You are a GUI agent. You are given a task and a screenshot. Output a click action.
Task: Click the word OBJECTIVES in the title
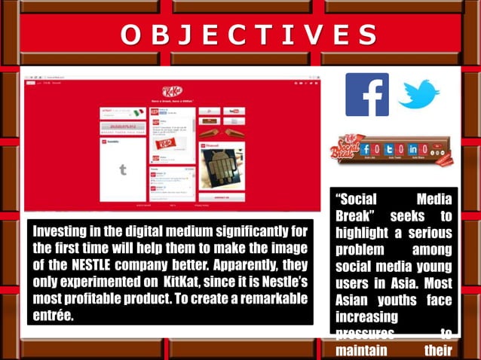pyautogui.click(x=250, y=35)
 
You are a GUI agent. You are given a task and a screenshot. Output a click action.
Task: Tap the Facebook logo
pyautogui.click(x=366, y=95)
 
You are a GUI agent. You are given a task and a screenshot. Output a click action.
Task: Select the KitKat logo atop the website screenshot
pyautogui.click(x=173, y=91)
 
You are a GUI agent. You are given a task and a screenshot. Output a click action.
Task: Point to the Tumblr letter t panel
pyautogui.click(x=123, y=170)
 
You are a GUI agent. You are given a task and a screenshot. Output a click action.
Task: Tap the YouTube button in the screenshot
pyautogui.click(x=232, y=111)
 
